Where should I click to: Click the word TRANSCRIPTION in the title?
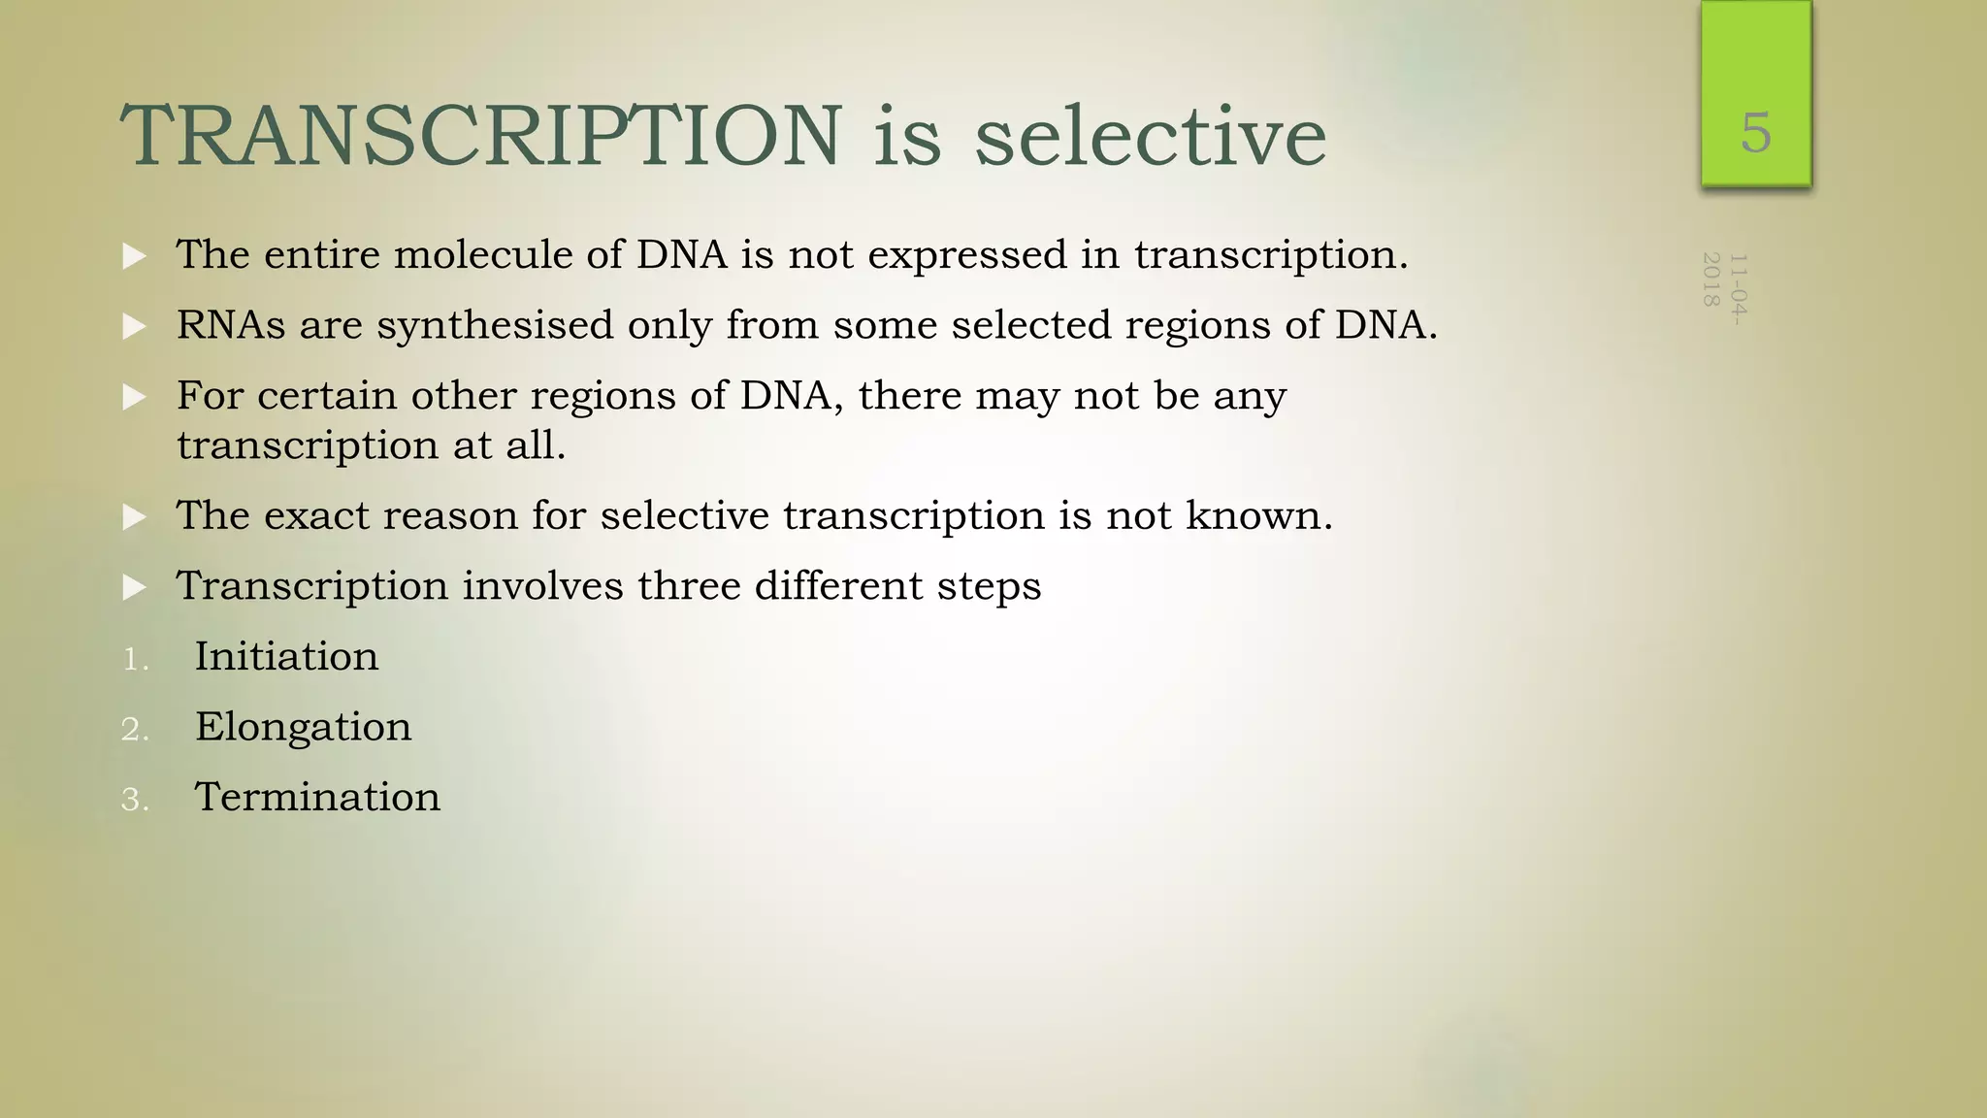point(481,136)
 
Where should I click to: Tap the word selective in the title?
point(1150,136)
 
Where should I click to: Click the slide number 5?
point(1755,133)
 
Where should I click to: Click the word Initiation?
point(286,657)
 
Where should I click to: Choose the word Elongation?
point(303,727)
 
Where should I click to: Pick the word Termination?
point(317,798)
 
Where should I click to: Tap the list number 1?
point(135,660)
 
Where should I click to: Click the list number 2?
point(135,730)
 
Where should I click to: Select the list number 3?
point(135,801)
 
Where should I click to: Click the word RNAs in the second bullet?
point(231,325)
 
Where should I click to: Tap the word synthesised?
point(495,326)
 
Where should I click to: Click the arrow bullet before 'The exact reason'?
point(135,517)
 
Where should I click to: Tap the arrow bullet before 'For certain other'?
point(135,397)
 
